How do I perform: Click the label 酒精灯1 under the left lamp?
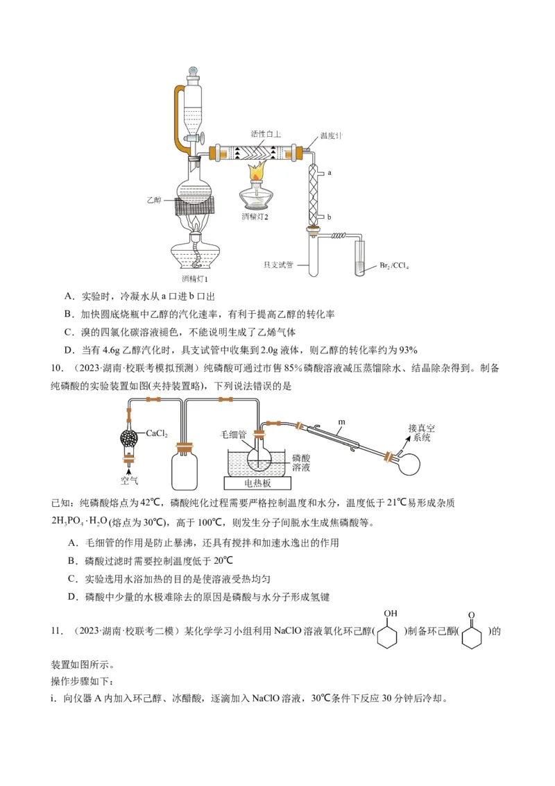tap(196, 278)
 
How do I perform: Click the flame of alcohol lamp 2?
tap(255, 171)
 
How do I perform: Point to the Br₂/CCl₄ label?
tap(394, 265)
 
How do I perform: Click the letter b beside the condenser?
tap(330, 217)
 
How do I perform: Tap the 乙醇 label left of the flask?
tap(154, 199)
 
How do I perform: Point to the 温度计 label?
tap(331, 136)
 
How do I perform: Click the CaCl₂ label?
tap(157, 433)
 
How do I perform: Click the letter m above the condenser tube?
tap(341, 421)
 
